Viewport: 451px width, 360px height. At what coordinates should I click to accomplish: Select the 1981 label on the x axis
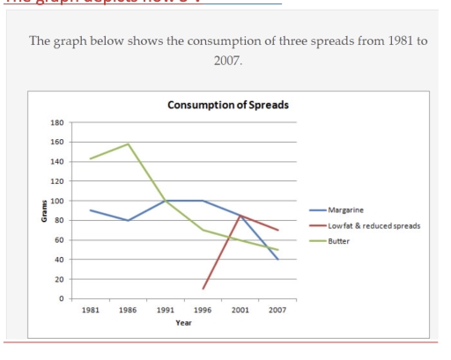pos(89,311)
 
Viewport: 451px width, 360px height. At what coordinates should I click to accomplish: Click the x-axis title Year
pos(183,322)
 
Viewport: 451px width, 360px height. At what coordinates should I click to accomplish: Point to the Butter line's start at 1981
pos(89,159)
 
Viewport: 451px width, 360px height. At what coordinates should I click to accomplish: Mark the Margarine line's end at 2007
pos(277,260)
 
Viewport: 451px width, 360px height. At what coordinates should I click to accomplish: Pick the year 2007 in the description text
pos(227,64)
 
